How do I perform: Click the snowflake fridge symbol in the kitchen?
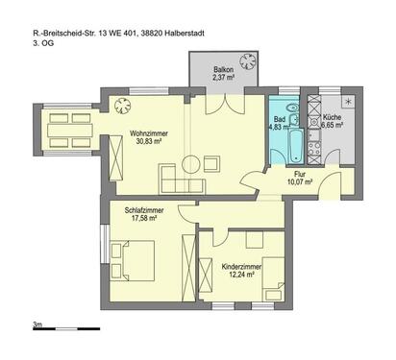click(347, 102)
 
